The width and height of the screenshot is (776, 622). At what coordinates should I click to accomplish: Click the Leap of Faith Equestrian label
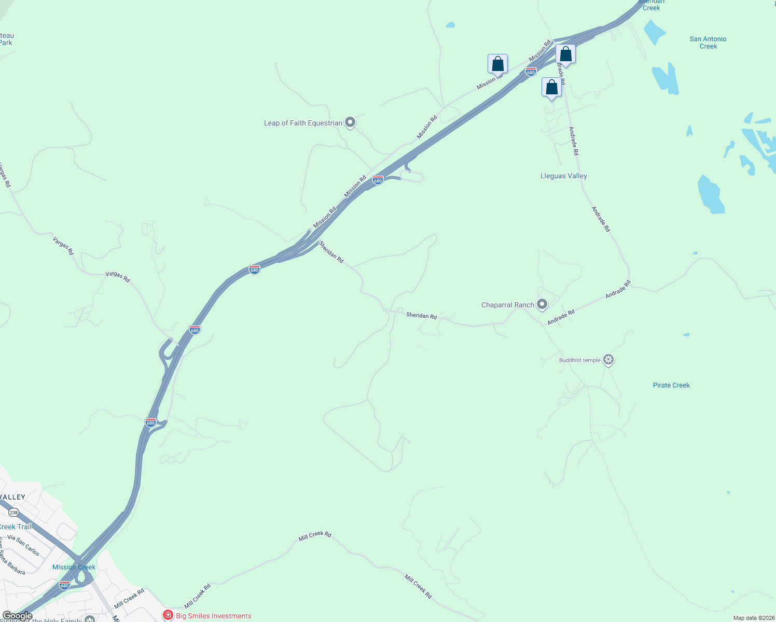click(303, 123)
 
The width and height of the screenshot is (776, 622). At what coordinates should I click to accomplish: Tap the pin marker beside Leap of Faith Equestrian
click(350, 122)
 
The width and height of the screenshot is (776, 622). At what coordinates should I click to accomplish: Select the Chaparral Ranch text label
click(507, 305)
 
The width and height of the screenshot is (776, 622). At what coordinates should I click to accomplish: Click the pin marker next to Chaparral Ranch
click(542, 304)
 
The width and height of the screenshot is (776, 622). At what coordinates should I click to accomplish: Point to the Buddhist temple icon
click(608, 359)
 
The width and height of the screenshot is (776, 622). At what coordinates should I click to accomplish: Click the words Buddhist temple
click(579, 360)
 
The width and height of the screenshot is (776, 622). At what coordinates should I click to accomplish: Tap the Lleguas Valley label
click(563, 176)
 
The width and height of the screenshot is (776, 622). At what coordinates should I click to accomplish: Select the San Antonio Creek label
click(708, 43)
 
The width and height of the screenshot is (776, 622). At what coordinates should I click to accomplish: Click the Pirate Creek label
click(671, 386)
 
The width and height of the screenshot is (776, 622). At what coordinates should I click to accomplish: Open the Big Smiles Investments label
click(213, 616)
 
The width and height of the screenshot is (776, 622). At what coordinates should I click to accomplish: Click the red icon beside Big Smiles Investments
click(168, 615)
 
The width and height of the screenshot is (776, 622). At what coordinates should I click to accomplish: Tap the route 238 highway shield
click(13, 513)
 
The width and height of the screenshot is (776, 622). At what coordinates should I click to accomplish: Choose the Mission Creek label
click(74, 567)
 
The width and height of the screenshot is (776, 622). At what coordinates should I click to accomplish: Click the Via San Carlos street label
click(23, 545)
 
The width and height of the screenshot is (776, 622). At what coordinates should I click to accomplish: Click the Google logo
click(17, 616)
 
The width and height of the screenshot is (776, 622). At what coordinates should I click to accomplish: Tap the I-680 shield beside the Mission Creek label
click(64, 585)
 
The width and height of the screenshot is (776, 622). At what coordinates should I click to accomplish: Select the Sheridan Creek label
click(651, 5)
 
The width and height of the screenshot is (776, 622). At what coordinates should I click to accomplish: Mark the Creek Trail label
click(16, 527)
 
